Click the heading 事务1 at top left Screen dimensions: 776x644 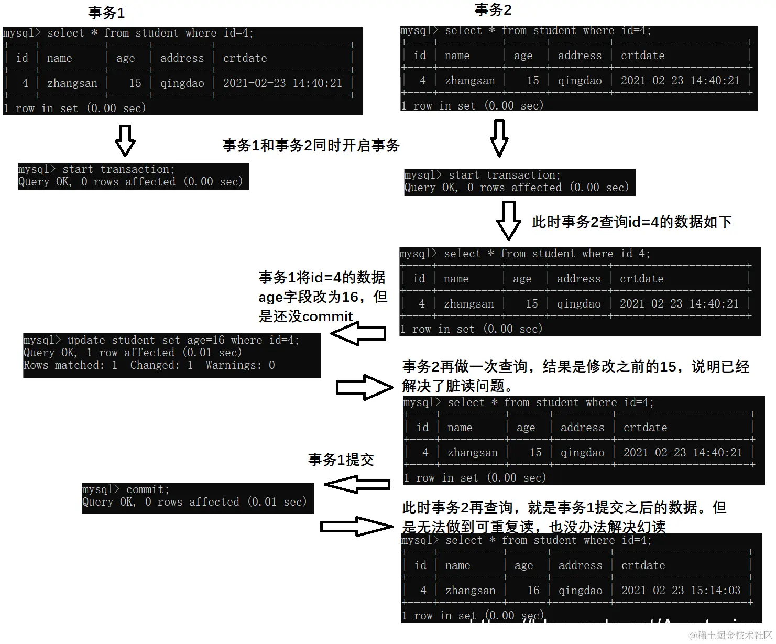(106, 13)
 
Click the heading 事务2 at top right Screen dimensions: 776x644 (493, 10)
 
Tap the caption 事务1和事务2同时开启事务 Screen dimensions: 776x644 (311, 146)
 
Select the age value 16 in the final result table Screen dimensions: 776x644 (533, 591)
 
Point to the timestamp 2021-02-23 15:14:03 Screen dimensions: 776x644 (681, 591)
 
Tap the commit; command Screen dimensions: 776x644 (147, 489)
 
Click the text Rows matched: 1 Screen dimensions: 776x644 (70, 365)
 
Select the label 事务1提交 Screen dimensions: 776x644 (341, 460)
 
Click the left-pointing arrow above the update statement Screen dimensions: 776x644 (358, 333)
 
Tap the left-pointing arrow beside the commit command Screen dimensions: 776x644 (357, 484)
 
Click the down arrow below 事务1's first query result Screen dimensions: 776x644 (125, 140)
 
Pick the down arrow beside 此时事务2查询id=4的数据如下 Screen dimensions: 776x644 (508, 220)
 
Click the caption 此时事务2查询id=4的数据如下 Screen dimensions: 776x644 (631, 222)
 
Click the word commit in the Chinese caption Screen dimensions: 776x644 (327, 316)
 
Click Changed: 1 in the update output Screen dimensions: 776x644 (161, 365)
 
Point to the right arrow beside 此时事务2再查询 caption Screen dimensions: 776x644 (356, 526)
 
